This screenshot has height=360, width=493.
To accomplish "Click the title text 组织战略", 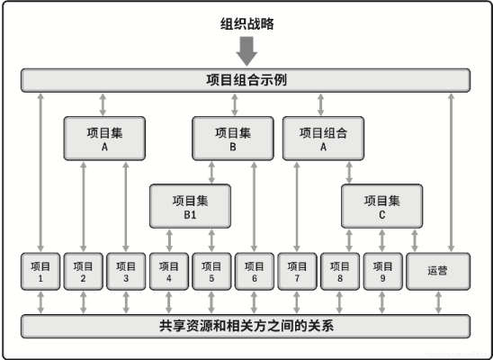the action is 246,24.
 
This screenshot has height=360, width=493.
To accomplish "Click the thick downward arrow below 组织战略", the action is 246,51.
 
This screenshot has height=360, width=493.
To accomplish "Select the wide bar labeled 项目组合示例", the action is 246,80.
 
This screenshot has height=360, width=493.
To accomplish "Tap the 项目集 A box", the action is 104,139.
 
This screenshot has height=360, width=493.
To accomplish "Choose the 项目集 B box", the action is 233,139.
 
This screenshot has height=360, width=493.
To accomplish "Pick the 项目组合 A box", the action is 323,139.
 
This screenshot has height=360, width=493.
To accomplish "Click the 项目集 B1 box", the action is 190,206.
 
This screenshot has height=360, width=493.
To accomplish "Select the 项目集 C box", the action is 381,206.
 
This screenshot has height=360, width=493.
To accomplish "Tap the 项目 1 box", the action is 40,271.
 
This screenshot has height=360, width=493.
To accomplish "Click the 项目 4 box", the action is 169,271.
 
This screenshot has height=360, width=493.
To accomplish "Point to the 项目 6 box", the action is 255,271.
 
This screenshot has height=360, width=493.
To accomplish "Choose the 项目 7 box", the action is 297,271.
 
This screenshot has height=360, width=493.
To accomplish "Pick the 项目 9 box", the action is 382,271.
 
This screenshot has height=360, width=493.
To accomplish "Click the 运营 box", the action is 438,271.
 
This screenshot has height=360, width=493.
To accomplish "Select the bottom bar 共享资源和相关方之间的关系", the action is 246,327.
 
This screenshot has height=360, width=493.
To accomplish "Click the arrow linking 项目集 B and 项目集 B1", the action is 211,172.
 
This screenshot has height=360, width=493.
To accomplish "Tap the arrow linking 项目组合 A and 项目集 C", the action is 349,172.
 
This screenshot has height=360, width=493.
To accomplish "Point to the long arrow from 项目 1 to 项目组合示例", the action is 40,173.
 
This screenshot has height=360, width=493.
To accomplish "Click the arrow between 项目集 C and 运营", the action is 415,240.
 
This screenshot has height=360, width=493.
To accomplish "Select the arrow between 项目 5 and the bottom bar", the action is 211,302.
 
